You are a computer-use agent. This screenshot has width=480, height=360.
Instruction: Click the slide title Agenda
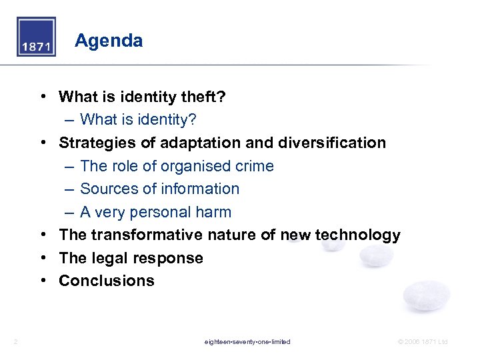click(109, 41)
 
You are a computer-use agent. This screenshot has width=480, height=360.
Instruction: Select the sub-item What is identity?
click(138, 120)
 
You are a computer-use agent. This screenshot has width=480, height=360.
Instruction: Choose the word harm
click(214, 212)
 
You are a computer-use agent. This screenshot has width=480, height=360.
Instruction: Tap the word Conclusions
click(107, 281)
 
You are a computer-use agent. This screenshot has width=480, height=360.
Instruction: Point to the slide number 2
click(15, 342)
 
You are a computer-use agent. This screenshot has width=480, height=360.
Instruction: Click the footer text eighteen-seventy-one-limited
click(247, 342)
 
